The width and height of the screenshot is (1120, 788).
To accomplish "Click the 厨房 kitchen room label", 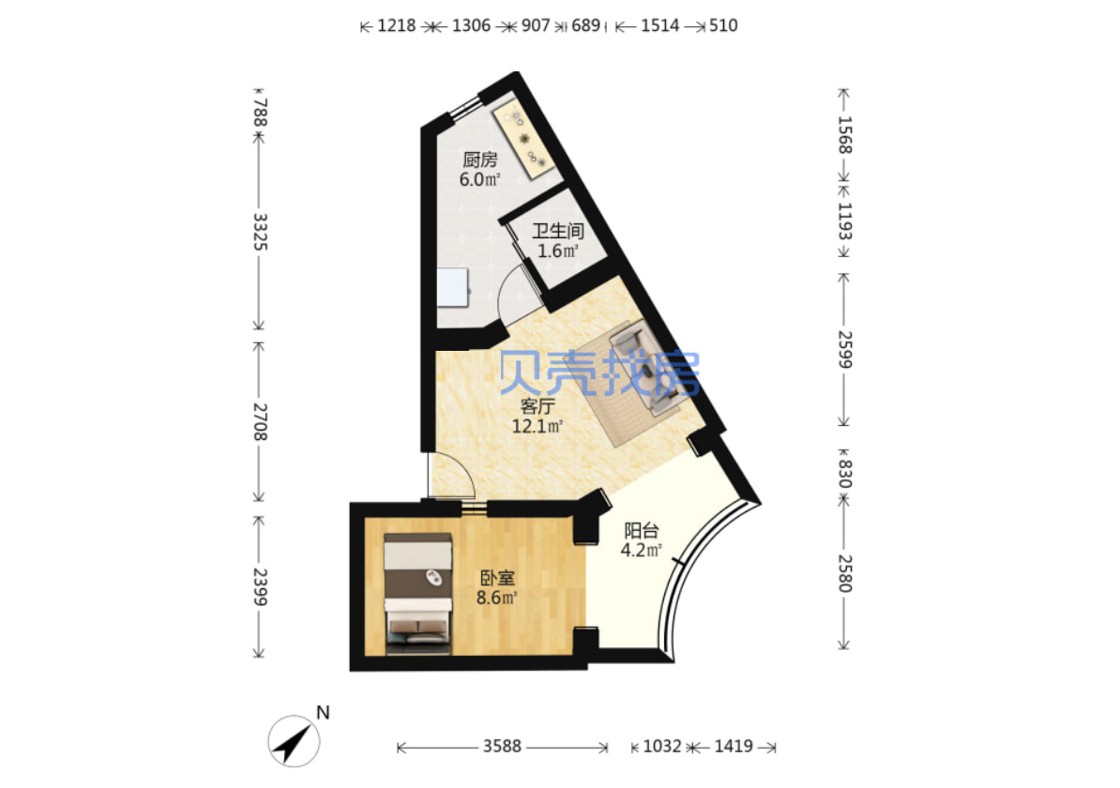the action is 479,159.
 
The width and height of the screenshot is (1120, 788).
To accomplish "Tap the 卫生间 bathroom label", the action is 558,231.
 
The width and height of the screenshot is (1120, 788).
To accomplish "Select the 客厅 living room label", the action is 537,406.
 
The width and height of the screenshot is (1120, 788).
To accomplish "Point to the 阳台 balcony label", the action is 641,531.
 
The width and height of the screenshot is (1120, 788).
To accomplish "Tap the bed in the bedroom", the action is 417,593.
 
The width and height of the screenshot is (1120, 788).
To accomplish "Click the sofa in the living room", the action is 645,367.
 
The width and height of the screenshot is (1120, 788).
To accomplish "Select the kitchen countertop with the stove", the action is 523,141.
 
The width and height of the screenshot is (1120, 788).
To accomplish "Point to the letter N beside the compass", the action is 323,712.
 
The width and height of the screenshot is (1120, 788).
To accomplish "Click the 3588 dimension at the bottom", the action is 502,747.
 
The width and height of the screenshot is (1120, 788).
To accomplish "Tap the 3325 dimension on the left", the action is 260,232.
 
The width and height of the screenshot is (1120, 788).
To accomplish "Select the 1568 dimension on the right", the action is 844,134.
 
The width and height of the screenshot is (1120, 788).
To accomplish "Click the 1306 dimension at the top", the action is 472,25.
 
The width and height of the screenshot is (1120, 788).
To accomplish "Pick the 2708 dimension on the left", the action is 260,421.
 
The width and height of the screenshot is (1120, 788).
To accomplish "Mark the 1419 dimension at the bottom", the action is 734,747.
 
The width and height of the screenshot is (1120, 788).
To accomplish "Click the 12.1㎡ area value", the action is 537,427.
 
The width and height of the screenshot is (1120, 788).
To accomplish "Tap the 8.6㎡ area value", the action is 496,598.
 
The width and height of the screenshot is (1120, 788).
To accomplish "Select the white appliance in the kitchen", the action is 452,287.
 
